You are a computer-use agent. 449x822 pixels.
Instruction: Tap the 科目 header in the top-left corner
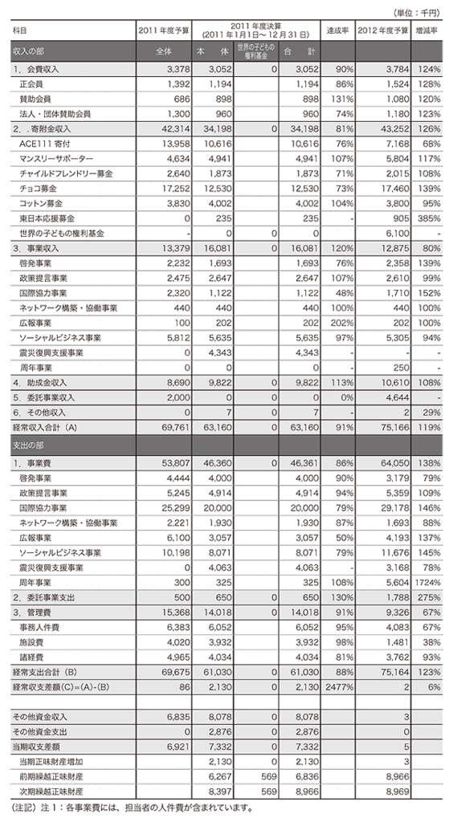[18, 30]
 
